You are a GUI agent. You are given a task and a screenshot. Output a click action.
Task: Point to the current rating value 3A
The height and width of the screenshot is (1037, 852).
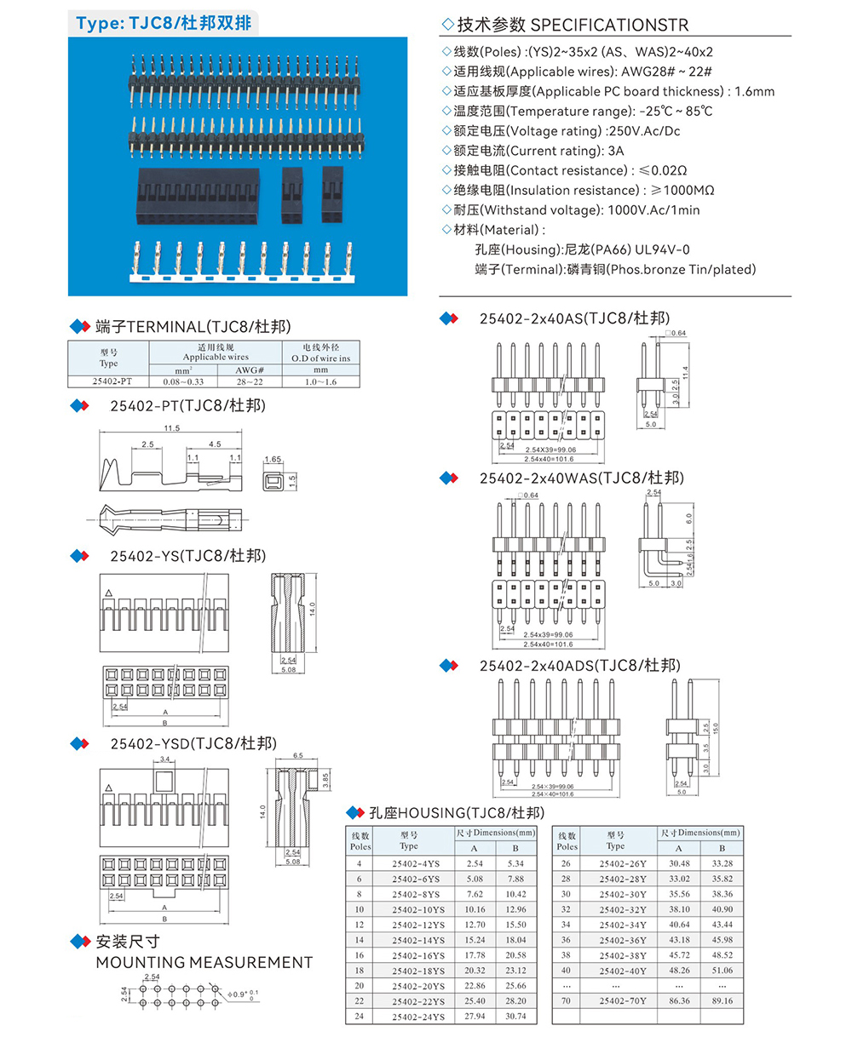[x=616, y=151]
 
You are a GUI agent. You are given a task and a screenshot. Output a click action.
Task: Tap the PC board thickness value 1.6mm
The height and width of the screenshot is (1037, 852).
[x=755, y=91]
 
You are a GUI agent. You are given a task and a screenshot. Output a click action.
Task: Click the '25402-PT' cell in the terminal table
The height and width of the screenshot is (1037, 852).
[x=108, y=381]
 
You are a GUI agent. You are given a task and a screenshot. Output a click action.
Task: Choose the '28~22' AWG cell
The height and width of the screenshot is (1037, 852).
[x=249, y=381]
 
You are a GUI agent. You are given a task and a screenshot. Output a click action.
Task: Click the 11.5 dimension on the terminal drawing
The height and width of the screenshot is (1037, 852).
[x=171, y=428]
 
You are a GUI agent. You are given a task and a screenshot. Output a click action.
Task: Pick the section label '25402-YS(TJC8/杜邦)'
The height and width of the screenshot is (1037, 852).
[x=188, y=556]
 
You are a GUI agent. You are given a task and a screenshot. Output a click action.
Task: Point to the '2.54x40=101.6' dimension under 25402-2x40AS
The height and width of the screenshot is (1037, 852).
[x=549, y=459]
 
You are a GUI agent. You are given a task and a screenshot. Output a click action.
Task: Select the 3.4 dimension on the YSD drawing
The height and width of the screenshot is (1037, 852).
[x=166, y=759]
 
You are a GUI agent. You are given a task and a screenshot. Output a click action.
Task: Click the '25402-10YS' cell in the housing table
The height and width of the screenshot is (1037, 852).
[x=417, y=909]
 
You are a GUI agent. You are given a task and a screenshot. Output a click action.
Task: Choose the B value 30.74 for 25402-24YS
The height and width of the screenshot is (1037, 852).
[x=515, y=1016]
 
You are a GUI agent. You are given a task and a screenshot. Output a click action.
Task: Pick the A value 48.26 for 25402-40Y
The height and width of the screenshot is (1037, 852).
[x=678, y=970]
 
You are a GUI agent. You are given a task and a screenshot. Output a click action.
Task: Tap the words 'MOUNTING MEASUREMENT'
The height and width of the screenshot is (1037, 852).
[x=204, y=962]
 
